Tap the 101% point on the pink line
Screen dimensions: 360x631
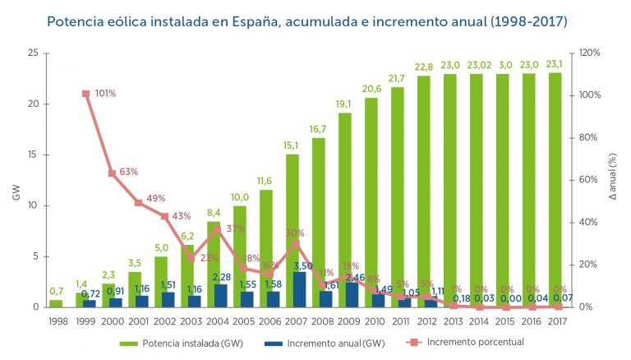tap(86, 94)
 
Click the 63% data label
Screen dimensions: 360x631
tap(128, 172)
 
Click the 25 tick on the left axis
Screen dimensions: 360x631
tap(33, 53)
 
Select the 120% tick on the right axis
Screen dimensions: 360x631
tap(591, 53)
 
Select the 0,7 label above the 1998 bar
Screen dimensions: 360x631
tap(56, 291)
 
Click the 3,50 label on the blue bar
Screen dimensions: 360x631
tap(303, 266)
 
